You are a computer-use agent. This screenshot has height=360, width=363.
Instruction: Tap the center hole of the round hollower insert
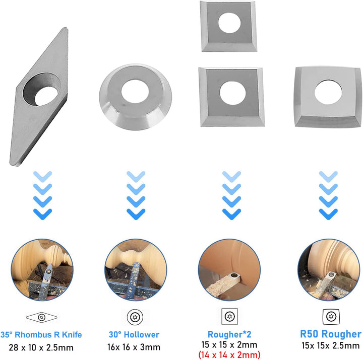tap(135, 91)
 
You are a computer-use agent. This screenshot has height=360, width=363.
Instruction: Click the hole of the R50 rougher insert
tap(328, 92)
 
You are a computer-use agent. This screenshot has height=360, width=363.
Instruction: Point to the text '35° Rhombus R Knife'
tap(41, 334)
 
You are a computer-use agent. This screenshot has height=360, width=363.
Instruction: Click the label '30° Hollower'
tap(134, 334)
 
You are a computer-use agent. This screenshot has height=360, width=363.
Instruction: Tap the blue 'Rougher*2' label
tap(229, 334)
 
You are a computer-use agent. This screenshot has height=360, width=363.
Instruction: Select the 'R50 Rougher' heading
tap(331, 334)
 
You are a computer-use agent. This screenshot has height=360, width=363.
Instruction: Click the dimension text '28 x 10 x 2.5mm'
tap(41, 347)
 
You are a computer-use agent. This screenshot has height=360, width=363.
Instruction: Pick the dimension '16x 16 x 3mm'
tap(134, 347)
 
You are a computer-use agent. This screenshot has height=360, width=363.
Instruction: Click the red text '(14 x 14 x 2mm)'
tap(229, 354)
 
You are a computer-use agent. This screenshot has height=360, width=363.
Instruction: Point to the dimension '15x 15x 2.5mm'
tap(331, 346)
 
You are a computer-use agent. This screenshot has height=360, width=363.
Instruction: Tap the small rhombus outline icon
tap(42, 317)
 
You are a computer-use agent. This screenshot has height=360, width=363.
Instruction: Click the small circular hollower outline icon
tap(135, 317)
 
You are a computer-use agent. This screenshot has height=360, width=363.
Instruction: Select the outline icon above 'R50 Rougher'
tap(331, 317)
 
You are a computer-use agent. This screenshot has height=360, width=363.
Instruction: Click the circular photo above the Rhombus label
tap(42, 270)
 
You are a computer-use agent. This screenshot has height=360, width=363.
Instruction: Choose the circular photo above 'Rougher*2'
tap(229, 270)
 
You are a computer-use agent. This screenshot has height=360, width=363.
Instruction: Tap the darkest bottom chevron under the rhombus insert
tap(42, 214)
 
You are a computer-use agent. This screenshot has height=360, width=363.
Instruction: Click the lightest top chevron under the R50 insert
tap(328, 176)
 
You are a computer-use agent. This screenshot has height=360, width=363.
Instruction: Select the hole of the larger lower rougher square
tap(232, 93)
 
